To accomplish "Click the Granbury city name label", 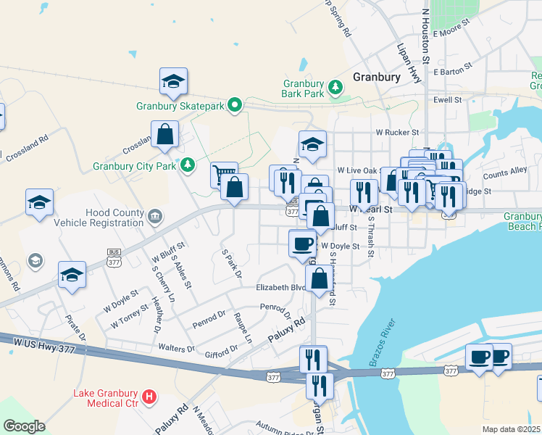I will click(x=377, y=76).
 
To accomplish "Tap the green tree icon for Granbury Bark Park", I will click(x=335, y=88).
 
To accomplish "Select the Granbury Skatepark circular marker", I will click(x=235, y=106).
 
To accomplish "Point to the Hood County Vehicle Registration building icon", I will click(x=154, y=217).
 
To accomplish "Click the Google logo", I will click(x=24, y=426).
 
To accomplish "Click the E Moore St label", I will click(x=451, y=33).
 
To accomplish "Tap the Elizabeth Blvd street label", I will click(x=278, y=287).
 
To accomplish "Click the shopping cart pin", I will click(x=225, y=174).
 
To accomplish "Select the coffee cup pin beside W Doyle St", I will click(x=302, y=243).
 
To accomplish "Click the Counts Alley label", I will click(x=505, y=173).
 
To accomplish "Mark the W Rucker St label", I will click(x=397, y=133).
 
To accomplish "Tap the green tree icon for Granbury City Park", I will click(x=188, y=165).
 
